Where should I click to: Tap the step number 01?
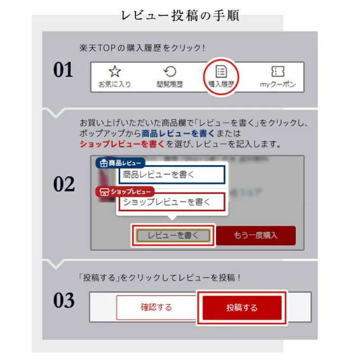(x=63, y=70)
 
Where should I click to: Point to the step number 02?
(x=64, y=185)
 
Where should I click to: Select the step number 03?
(x=64, y=300)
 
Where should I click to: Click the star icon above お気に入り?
(x=115, y=72)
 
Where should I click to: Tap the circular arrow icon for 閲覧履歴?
(x=170, y=72)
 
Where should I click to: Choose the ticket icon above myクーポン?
(x=278, y=72)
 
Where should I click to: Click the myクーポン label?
(x=278, y=85)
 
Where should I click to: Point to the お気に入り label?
(x=115, y=85)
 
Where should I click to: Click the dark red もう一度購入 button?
(x=256, y=235)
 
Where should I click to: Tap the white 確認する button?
(x=156, y=308)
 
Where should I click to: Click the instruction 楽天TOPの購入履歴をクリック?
(x=142, y=48)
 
